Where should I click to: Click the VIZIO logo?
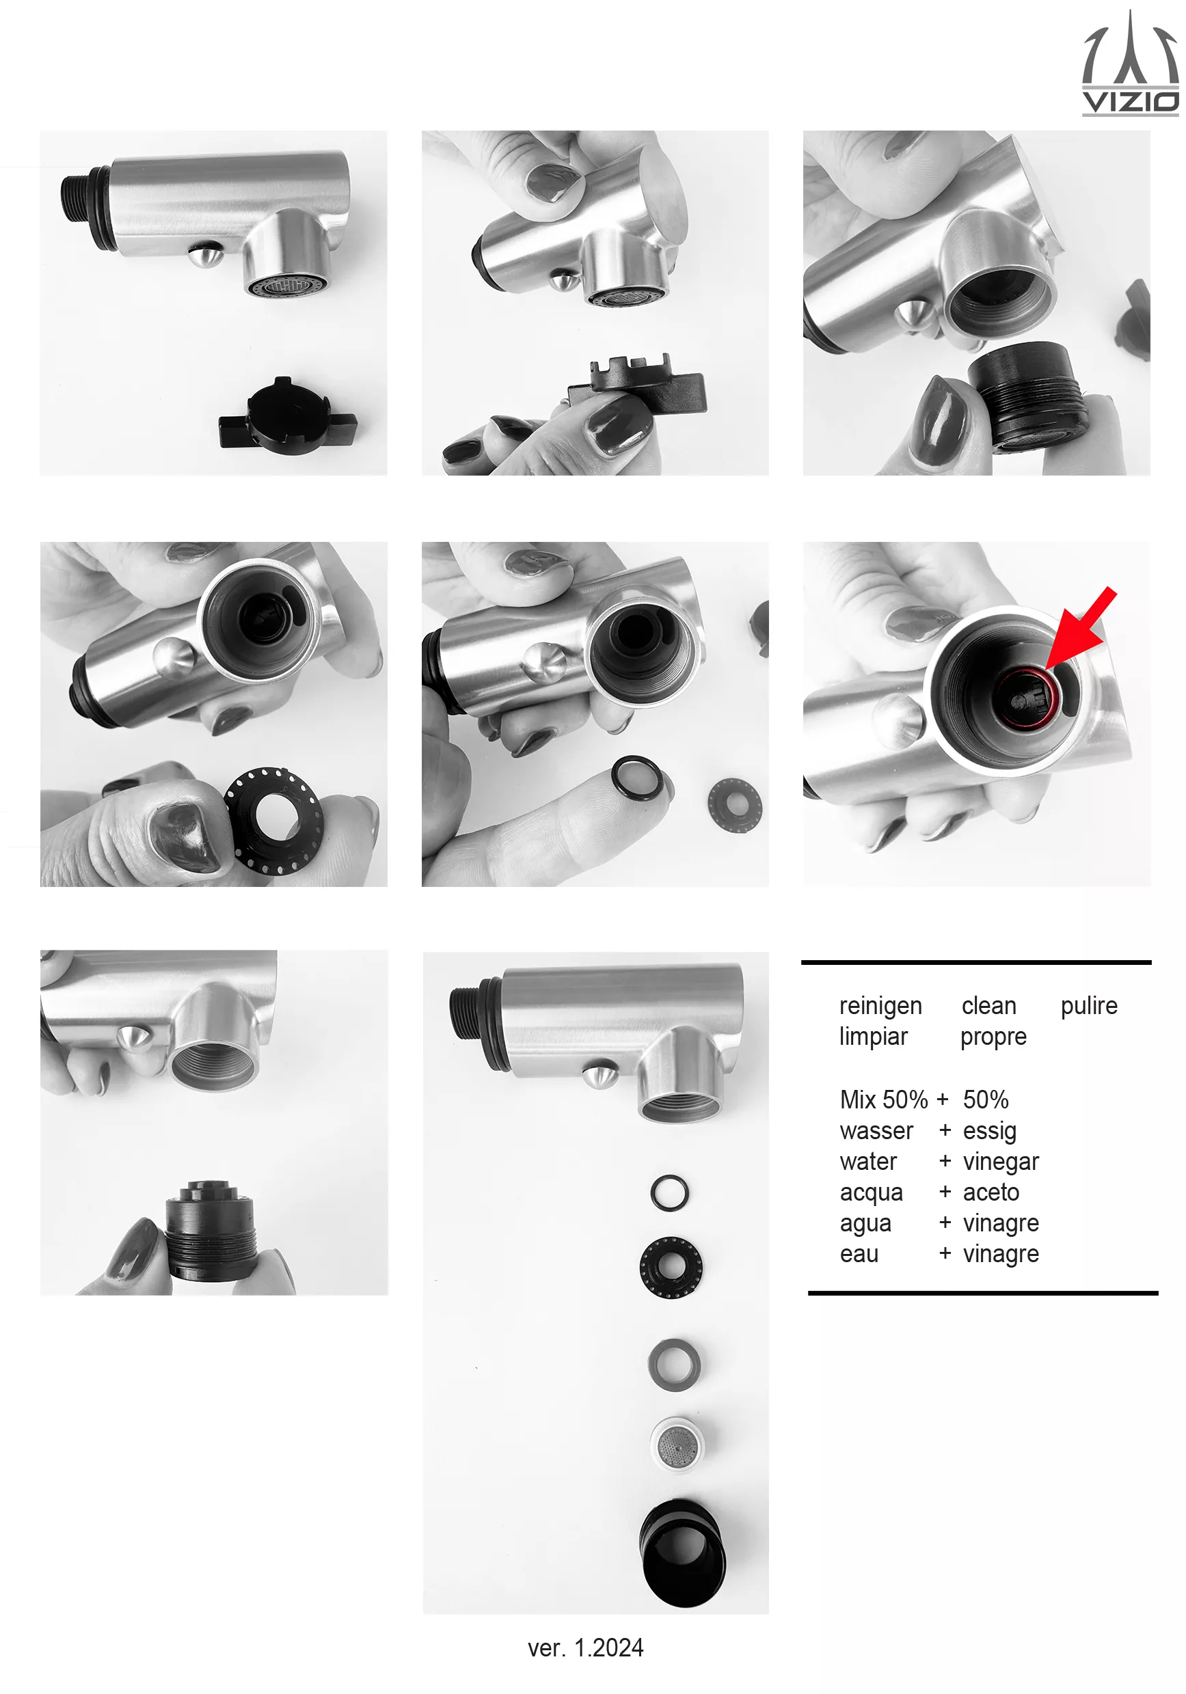click(x=1130, y=63)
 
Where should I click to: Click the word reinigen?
click(x=880, y=1007)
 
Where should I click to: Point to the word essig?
click(x=990, y=1131)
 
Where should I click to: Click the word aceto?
click(x=991, y=1192)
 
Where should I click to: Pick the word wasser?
click(x=876, y=1131)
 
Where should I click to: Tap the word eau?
click(x=859, y=1254)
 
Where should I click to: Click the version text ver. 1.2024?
click(x=585, y=1648)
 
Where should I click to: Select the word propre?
click(x=993, y=1038)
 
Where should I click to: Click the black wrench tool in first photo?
click(x=288, y=416)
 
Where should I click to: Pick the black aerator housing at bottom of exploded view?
click(x=683, y=1554)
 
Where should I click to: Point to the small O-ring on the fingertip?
click(x=637, y=776)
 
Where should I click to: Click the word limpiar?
click(x=873, y=1037)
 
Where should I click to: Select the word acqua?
click(x=871, y=1194)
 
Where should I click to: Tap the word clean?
click(x=989, y=1007)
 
